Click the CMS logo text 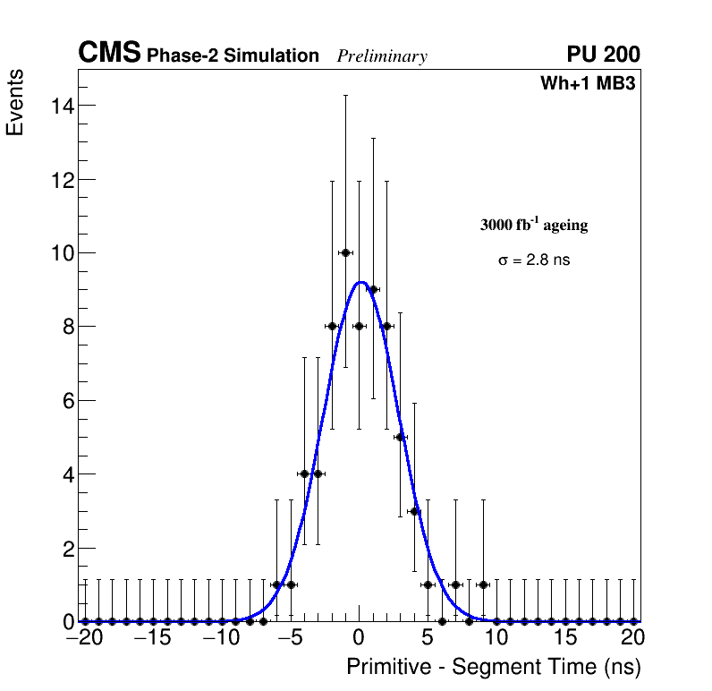coord(109,54)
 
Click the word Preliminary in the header coord(382,56)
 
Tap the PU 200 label coord(603,55)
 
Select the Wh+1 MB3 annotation coord(588,84)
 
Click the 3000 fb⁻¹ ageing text coord(534,225)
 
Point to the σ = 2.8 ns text coord(534,260)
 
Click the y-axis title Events coord(15,103)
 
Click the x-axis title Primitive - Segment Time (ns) coord(494,668)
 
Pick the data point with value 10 coord(345,252)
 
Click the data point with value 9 coord(373,289)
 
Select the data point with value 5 coord(401,437)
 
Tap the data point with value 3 coord(414,511)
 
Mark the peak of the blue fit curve coord(360,282)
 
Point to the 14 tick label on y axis coord(62,106)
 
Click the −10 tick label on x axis coord(222,638)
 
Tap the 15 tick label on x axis coord(565,638)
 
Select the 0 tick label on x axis coord(360,638)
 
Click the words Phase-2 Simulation coord(233,56)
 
